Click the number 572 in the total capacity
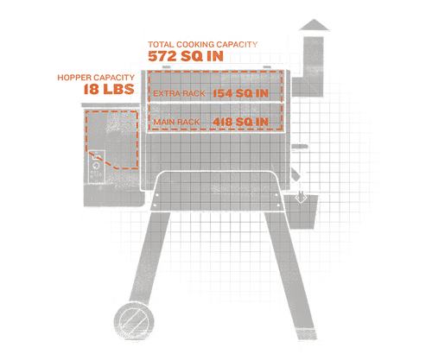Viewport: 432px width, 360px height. coord(162,56)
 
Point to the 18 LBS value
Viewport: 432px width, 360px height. coord(109,89)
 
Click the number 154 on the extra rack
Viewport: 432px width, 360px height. coord(222,93)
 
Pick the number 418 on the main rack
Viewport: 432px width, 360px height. coord(222,122)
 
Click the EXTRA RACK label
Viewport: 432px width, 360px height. coord(179,93)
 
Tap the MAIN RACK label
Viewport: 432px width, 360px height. coord(176,122)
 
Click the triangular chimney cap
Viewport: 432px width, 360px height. coord(314,25)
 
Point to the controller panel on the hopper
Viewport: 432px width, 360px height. coord(96,167)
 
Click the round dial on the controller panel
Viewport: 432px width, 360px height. coord(95,166)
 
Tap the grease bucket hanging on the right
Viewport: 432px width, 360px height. coord(302,212)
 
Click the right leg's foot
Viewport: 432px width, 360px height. coord(307,334)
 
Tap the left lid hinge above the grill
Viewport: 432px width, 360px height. coord(166,67)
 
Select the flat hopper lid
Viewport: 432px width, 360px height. coord(111,105)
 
